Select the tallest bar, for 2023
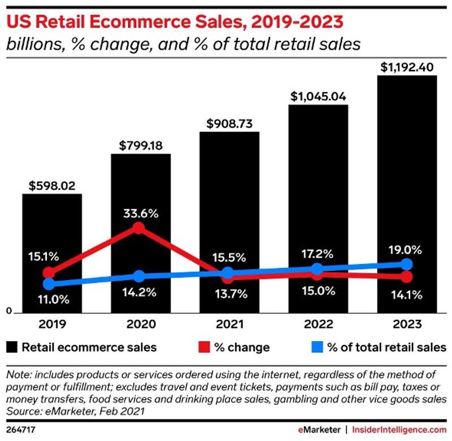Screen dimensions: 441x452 (407, 169)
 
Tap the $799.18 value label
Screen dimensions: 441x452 (141, 146)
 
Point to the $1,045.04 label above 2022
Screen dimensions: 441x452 (318, 96)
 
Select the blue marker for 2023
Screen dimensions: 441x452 (406, 264)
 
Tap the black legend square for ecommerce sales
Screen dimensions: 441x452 (11, 346)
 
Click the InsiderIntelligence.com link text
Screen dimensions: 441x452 (399, 430)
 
